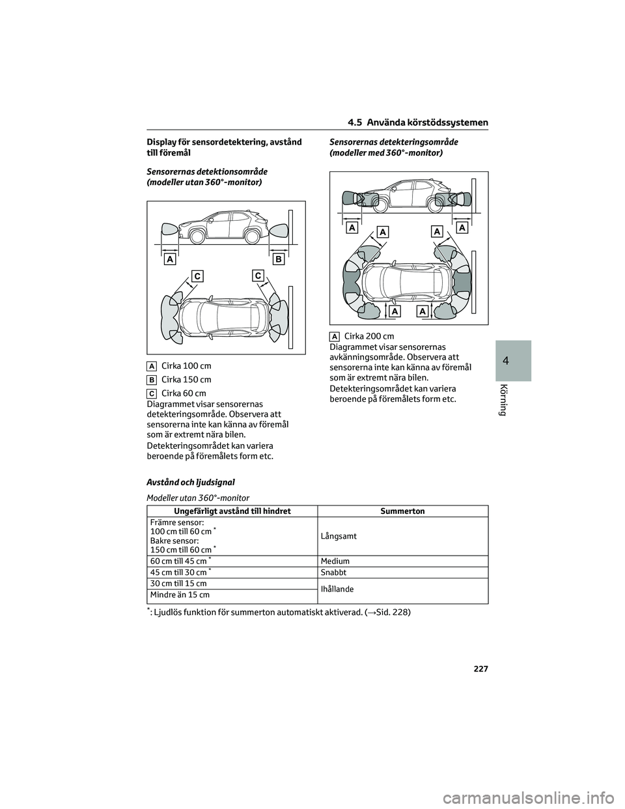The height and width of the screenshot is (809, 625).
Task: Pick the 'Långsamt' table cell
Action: pos(339,535)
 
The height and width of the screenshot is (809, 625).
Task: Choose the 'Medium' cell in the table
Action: pos(335,561)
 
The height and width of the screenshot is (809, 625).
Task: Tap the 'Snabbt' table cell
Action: pos(333,573)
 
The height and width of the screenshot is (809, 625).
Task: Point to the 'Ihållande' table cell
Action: pos(337,589)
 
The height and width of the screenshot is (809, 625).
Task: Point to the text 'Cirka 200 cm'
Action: pos(368,336)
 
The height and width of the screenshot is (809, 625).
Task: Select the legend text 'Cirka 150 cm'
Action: pos(186,380)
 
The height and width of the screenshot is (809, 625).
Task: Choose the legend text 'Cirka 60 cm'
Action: pos(184,393)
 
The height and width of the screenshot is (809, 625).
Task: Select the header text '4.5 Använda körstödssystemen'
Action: pos(417,123)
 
